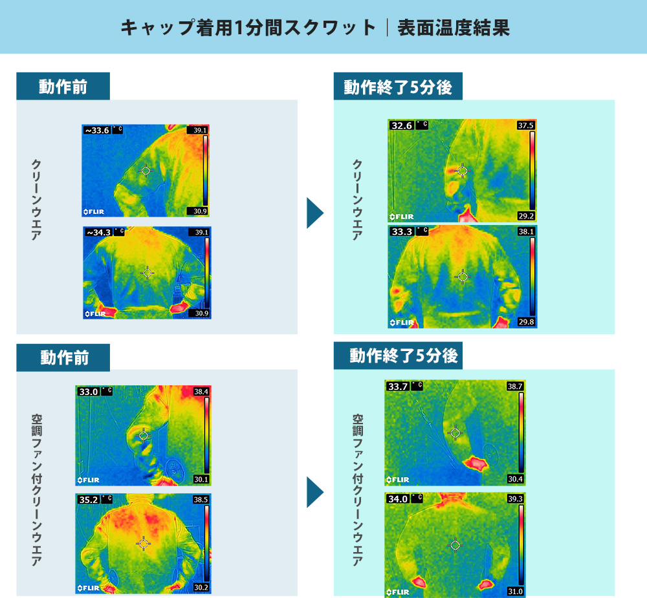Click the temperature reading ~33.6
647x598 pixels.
coord(98,131)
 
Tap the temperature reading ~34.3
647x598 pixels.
coord(98,232)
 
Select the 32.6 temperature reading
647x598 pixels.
coord(402,125)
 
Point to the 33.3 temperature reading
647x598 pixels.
coord(402,231)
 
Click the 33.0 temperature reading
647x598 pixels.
coord(88,391)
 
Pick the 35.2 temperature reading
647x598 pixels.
coord(88,500)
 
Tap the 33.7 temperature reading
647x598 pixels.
coord(398,387)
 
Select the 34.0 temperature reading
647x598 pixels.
coord(398,498)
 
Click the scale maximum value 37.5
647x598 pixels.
coord(526,125)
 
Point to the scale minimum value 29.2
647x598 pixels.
coord(526,216)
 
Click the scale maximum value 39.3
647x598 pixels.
coord(515,498)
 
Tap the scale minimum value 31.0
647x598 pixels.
coord(515,592)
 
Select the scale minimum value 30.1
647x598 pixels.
coord(201,479)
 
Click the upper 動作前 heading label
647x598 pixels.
coord(63,87)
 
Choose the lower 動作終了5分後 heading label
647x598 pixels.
coord(404,356)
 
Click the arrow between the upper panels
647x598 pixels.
coord(314,213)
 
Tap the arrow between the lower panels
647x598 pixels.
coord(314,492)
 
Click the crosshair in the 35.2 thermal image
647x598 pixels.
coord(143,544)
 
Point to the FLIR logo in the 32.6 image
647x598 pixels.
coord(402,217)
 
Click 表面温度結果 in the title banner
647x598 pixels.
coord(454,28)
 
